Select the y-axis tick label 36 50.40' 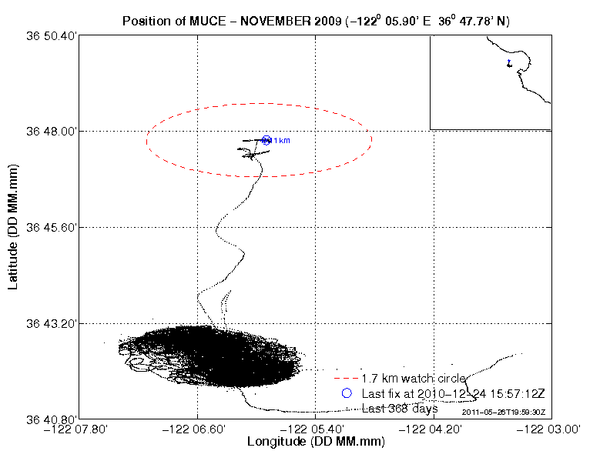[52, 35]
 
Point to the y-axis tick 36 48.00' [52, 132]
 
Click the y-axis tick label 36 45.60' [52, 228]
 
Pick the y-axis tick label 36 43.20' [52, 323]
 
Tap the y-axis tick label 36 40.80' [52, 419]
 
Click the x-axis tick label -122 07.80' [82, 429]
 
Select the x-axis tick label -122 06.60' [198, 429]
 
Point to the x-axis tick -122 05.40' [314, 429]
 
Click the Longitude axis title [315, 443]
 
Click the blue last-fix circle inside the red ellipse [266, 140]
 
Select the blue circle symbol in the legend [347, 393]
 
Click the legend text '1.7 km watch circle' [413, 379]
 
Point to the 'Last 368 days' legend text [400, 409]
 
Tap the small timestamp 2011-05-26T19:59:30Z [504, 413]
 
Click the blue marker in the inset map [508, 63]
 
